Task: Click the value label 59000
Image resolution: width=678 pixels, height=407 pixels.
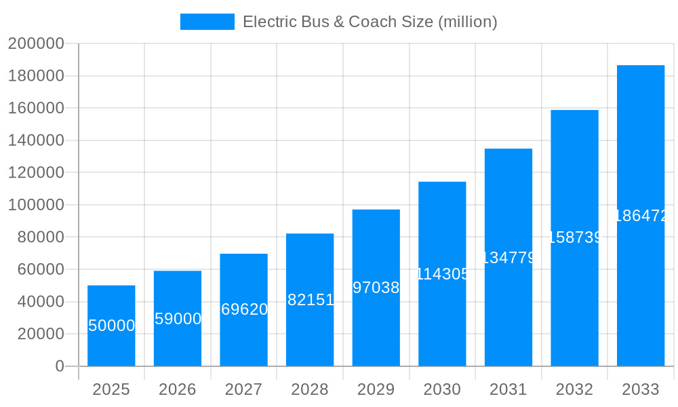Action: click(178, 319)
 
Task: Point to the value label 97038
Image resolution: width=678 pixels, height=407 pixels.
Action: click(376, 288)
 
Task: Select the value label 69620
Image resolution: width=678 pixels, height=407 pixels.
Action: click(244, 309)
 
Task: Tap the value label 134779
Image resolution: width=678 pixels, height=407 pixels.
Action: click(509, 258)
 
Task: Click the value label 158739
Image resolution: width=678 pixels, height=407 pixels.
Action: click(574, 237)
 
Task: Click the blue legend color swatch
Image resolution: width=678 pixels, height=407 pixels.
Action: click(207, 22)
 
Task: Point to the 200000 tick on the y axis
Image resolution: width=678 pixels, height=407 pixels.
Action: click(36, 43)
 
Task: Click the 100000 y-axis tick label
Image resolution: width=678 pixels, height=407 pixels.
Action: click(36, 205)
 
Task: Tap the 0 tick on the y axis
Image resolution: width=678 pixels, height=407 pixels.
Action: click(60, 366)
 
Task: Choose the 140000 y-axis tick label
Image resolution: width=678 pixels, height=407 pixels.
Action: click(36, 140)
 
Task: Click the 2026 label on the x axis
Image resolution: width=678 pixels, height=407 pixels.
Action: click(178, 389)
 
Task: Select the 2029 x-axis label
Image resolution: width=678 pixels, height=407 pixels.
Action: click(376, 389)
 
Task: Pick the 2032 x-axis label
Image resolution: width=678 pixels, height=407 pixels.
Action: click(574, 389)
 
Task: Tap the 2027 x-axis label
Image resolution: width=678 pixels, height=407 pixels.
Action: click(244, 389)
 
